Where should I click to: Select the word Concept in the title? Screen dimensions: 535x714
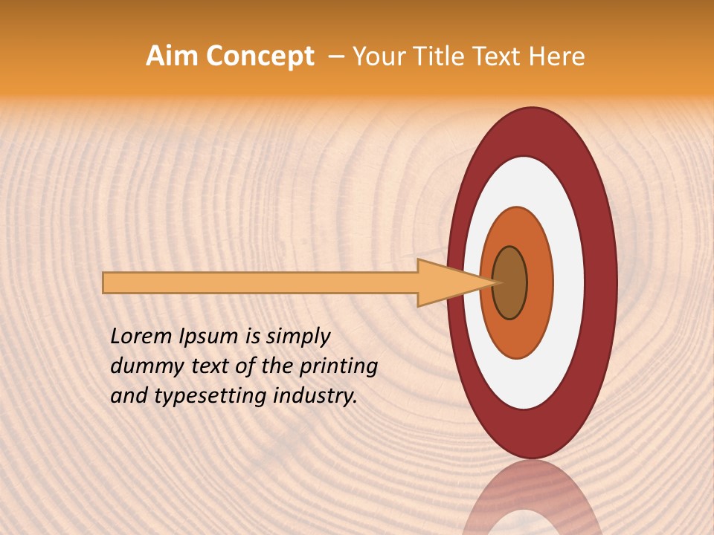pos(259,56)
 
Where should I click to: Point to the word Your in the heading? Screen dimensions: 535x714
pos(376,56)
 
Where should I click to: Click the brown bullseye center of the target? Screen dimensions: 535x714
pos(509,282)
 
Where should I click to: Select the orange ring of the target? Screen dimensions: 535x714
pos(539,282)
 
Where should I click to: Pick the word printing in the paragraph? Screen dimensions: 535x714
pos(341,367)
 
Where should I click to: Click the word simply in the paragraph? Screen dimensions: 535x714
pos(297,337)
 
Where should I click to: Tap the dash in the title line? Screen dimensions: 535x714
pos(336,56)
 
